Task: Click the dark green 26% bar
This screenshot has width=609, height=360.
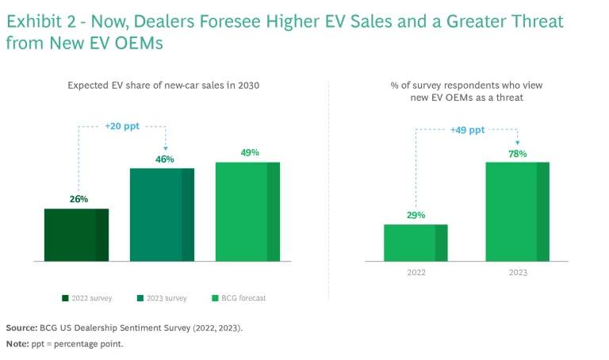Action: click(x=76, y=235)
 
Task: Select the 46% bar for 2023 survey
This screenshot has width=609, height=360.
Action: click(x=162, y=214)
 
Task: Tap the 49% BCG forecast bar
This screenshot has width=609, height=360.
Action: click(x=247, y=211)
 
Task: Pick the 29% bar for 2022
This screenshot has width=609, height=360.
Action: click(x=416, y=243)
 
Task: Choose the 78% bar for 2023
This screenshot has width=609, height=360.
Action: click(x=517, y=211)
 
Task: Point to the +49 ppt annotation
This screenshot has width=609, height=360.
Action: click(x=467, y=130)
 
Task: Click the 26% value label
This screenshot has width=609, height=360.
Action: click(x=79, y=199)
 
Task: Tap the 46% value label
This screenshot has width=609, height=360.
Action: click(x=164, y=159)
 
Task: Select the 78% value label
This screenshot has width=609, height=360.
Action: click(x=517, y=153)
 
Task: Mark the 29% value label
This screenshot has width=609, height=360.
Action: click(x=416, y=215)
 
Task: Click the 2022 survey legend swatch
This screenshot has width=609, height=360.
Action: click(x=65, y=298)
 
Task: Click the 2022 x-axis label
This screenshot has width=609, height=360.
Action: click(x=416, y=272)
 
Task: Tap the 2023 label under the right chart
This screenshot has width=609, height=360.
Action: click(x=517, y=272)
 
